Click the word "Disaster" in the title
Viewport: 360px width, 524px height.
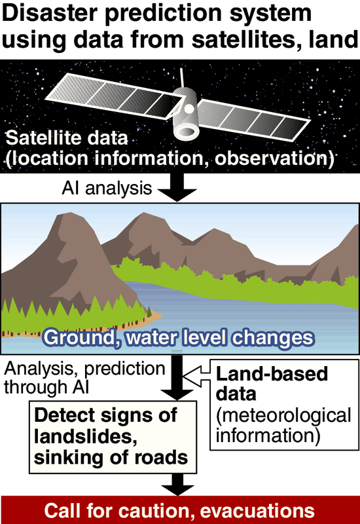(50, 13)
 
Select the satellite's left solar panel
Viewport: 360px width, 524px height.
(115, 95)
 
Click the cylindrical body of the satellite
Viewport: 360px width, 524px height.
(185, 113)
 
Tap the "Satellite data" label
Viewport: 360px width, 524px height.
(67, 138)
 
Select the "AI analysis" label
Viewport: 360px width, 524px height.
(107, 188)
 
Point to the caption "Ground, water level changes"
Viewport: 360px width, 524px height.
(179, 337)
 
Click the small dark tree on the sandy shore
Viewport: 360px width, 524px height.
(149, 312)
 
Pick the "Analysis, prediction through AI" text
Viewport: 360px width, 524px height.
(85, 378)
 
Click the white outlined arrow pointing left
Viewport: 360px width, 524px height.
(197, 376)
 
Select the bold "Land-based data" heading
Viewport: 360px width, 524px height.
(272, 384)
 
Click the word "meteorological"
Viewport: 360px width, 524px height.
(283, 415)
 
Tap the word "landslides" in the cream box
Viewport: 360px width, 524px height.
(86, 436)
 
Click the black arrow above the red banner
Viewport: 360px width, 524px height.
(177, 485)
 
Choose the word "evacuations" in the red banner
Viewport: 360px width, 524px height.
(257, 511)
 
